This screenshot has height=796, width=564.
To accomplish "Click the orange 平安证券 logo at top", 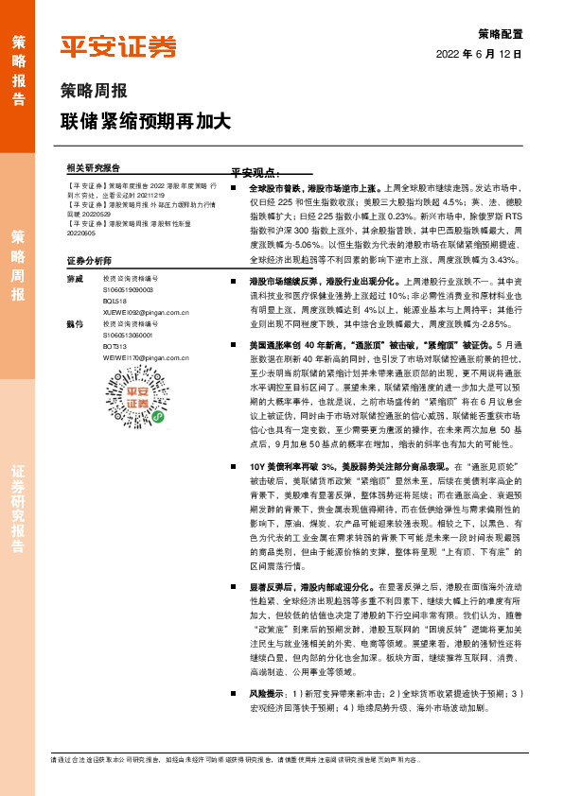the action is click(x=117, y=46).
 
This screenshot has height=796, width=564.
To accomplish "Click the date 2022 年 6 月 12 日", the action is click(x=479, y=55).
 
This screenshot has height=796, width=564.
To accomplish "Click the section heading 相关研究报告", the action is click(x=94, y=166).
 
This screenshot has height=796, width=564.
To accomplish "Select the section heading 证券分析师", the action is click(x=89, y=260).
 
